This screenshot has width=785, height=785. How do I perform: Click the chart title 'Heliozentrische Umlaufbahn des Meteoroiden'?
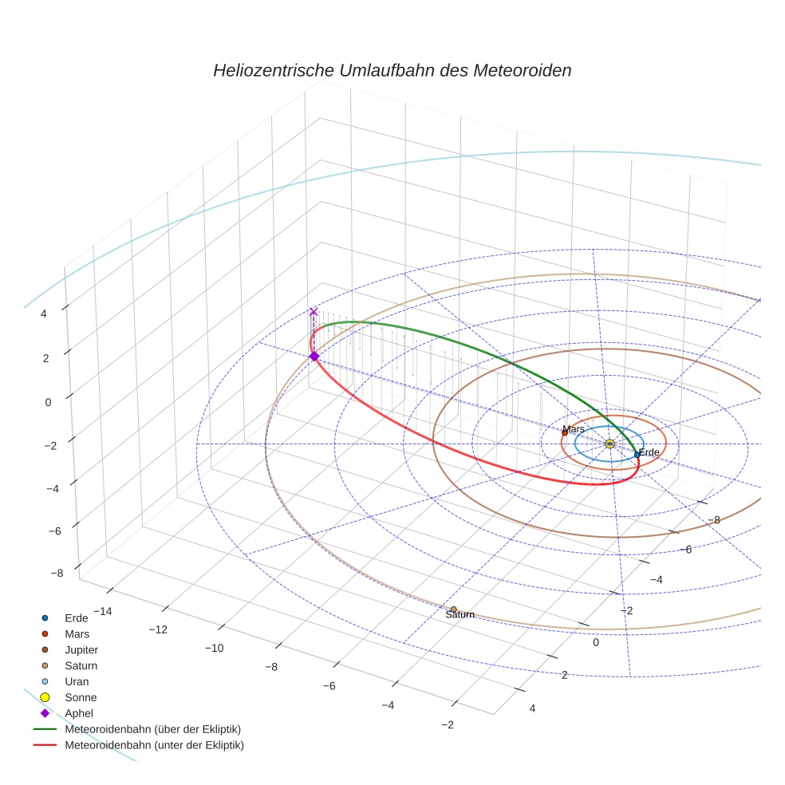[x=392, y=70]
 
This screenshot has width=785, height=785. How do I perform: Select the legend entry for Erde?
[x=77, y=618]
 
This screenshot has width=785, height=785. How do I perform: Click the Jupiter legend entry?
[x=81, y=650]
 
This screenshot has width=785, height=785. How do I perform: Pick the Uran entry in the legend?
[x=77, y=681]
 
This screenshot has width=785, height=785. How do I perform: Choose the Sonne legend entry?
[x=81, y=697]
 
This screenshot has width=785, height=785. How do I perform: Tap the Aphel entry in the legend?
[x=79, y=713]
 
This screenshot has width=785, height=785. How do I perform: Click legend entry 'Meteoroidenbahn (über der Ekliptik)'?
[x=152, y=729]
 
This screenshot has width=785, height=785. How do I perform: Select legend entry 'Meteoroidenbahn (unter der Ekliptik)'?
[x=154, y=745]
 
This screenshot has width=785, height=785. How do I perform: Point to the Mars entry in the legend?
[x=77, y=634]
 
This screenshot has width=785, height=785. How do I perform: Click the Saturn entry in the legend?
[x=81, y=665]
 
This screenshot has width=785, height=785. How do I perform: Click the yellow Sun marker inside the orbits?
[x=609, y=444]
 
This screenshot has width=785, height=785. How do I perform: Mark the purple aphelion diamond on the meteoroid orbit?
[x=314, y=356]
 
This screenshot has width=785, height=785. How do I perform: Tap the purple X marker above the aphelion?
[x=314, y=312]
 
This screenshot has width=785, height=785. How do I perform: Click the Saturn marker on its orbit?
[x=454, y=609]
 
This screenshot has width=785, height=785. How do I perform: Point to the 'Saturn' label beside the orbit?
[x=460, y=615]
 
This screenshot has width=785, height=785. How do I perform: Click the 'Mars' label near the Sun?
[x=574, y=429]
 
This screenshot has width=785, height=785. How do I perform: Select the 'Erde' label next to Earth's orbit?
[x=649, y=452]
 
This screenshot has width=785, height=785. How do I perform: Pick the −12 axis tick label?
[x=157, y=629]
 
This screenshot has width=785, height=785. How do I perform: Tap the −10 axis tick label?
[x=214, y=648]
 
